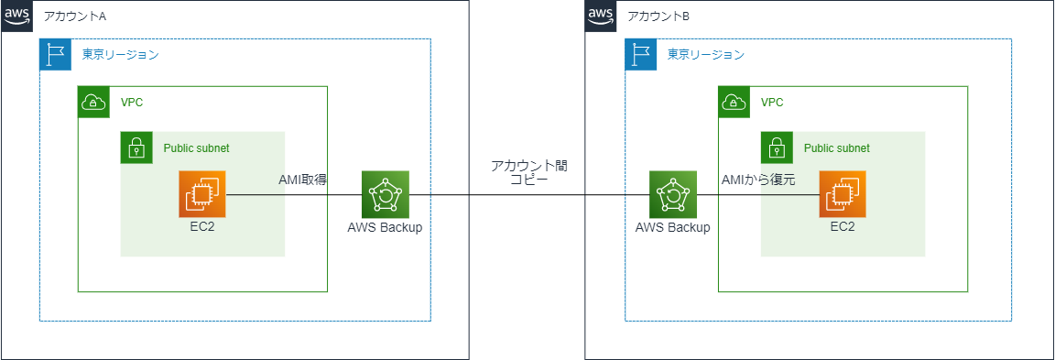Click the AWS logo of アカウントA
[16, 16]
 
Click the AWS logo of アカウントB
[600, 16]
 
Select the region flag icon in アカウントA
[55, 54]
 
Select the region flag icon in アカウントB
[640, 54]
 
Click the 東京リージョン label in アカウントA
[120, 55]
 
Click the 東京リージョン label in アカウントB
[705, 55]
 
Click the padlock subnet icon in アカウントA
[136, 147]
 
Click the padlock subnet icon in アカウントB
[777, 147]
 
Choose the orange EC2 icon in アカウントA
[202, 194]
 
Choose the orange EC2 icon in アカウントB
[843, 194]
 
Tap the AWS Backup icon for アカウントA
[385, 194]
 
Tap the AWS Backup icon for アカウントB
[672, 194]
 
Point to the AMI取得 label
[303, 180]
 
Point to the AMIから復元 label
[757, 180]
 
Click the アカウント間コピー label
[528, 172]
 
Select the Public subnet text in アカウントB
[836, 147]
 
